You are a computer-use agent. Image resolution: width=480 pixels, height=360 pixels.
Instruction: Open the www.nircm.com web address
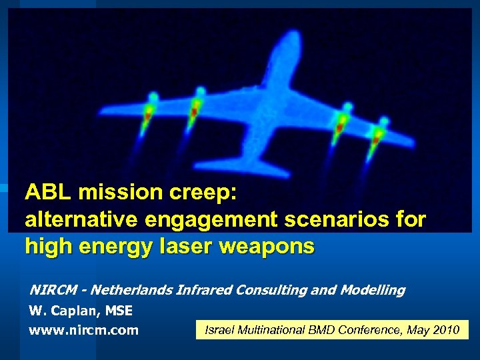[83, 330]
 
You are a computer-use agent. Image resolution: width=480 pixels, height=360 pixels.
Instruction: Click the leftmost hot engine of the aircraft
[149, 111]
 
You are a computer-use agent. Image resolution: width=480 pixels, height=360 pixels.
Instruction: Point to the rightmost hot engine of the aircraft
[379, 134]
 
